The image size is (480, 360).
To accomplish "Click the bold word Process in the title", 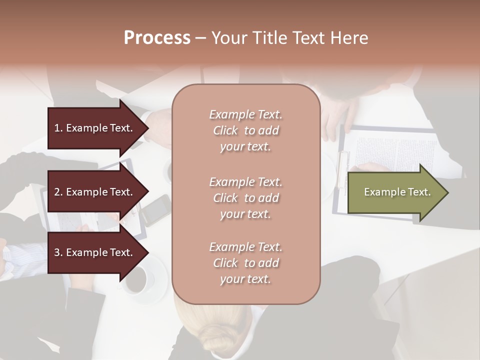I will (157, 38).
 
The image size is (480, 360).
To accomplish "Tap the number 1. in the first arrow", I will (58, 128).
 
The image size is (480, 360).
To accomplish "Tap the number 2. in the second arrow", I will (58, 192).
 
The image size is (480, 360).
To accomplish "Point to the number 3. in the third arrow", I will (58, 252).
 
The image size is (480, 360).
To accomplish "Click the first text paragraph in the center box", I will (245, 130).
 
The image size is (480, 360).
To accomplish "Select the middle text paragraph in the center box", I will (245, 198).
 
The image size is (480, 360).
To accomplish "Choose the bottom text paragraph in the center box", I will (245, 263).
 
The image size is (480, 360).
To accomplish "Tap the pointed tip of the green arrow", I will (446, 192).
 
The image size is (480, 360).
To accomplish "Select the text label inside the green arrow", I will (397, 192).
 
